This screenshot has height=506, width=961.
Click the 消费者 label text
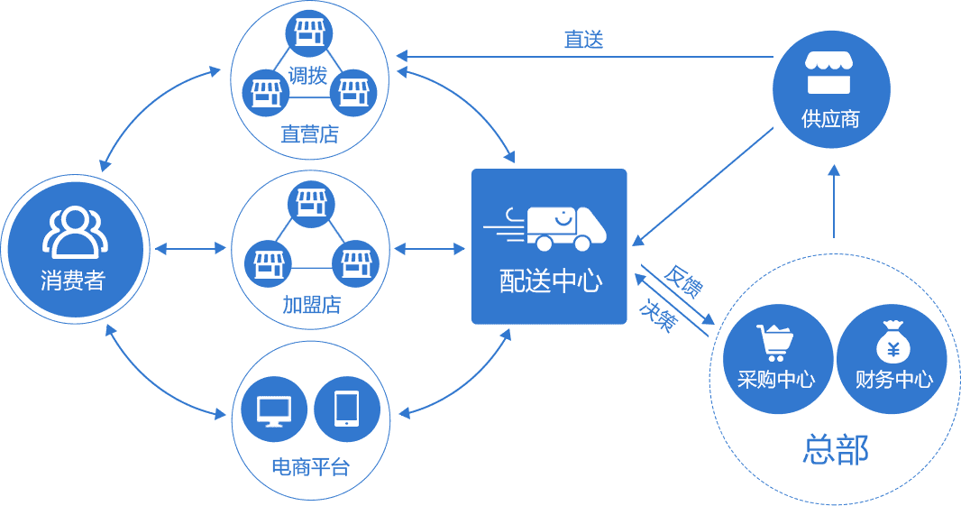click(73, 280)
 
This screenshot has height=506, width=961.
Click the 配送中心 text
click(550, 281)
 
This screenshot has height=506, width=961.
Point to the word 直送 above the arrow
click(583, 40)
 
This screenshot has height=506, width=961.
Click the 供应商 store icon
click(829, 74)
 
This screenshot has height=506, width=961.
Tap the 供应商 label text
click(830, 118)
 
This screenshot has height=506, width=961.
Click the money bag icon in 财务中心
click(892, 342)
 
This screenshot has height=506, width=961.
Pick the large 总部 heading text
click(835, 448)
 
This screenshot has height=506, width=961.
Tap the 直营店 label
click(309, 135)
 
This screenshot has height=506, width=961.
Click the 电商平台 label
click(309, 467)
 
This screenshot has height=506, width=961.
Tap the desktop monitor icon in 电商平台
click(274, 411)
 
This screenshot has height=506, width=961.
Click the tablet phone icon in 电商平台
click(347, 409)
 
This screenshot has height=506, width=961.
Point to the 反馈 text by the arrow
click(682, 281)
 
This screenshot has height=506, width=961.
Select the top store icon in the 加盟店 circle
click(310, 200)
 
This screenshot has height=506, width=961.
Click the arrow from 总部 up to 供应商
click(834, 203)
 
